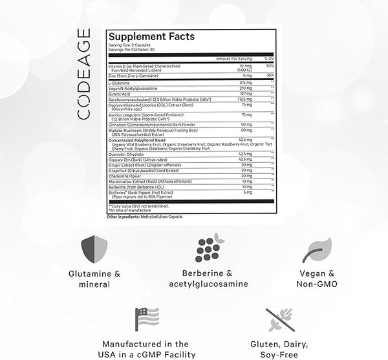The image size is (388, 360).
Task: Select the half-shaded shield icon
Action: (x=94, y=249)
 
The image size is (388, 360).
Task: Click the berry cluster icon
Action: (x=210, y=248)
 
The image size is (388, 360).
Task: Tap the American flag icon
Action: (x=146, y=319)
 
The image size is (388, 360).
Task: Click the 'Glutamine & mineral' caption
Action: (x=94, y=279)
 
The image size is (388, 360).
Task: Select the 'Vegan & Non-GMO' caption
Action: (x=318, y=279)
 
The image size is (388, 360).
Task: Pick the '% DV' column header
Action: (x=270, y=59)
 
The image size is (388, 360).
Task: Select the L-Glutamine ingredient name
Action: (x=119, y=83)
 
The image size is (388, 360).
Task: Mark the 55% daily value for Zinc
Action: (x=271, y=76)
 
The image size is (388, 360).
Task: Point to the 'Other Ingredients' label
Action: (x=121, y=217)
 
